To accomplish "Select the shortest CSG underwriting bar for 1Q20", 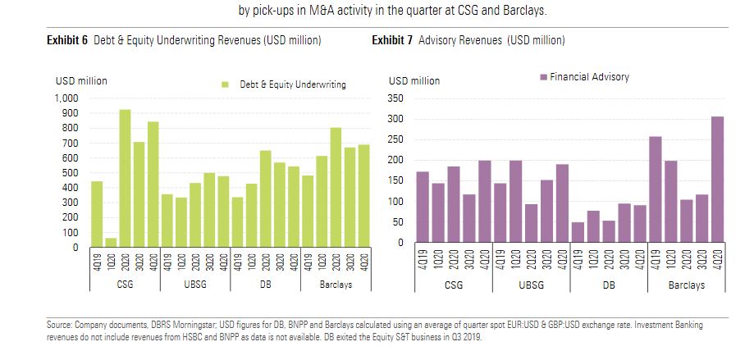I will point(111,243).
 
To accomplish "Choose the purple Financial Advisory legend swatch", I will point(542,77).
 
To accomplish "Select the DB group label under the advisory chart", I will point(609,285).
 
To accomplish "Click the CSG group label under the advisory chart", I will point(453,285).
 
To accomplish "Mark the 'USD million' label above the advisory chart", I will point(414,80).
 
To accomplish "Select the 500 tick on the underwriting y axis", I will point(72,173).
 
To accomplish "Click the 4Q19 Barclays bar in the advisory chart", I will point(656,189).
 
